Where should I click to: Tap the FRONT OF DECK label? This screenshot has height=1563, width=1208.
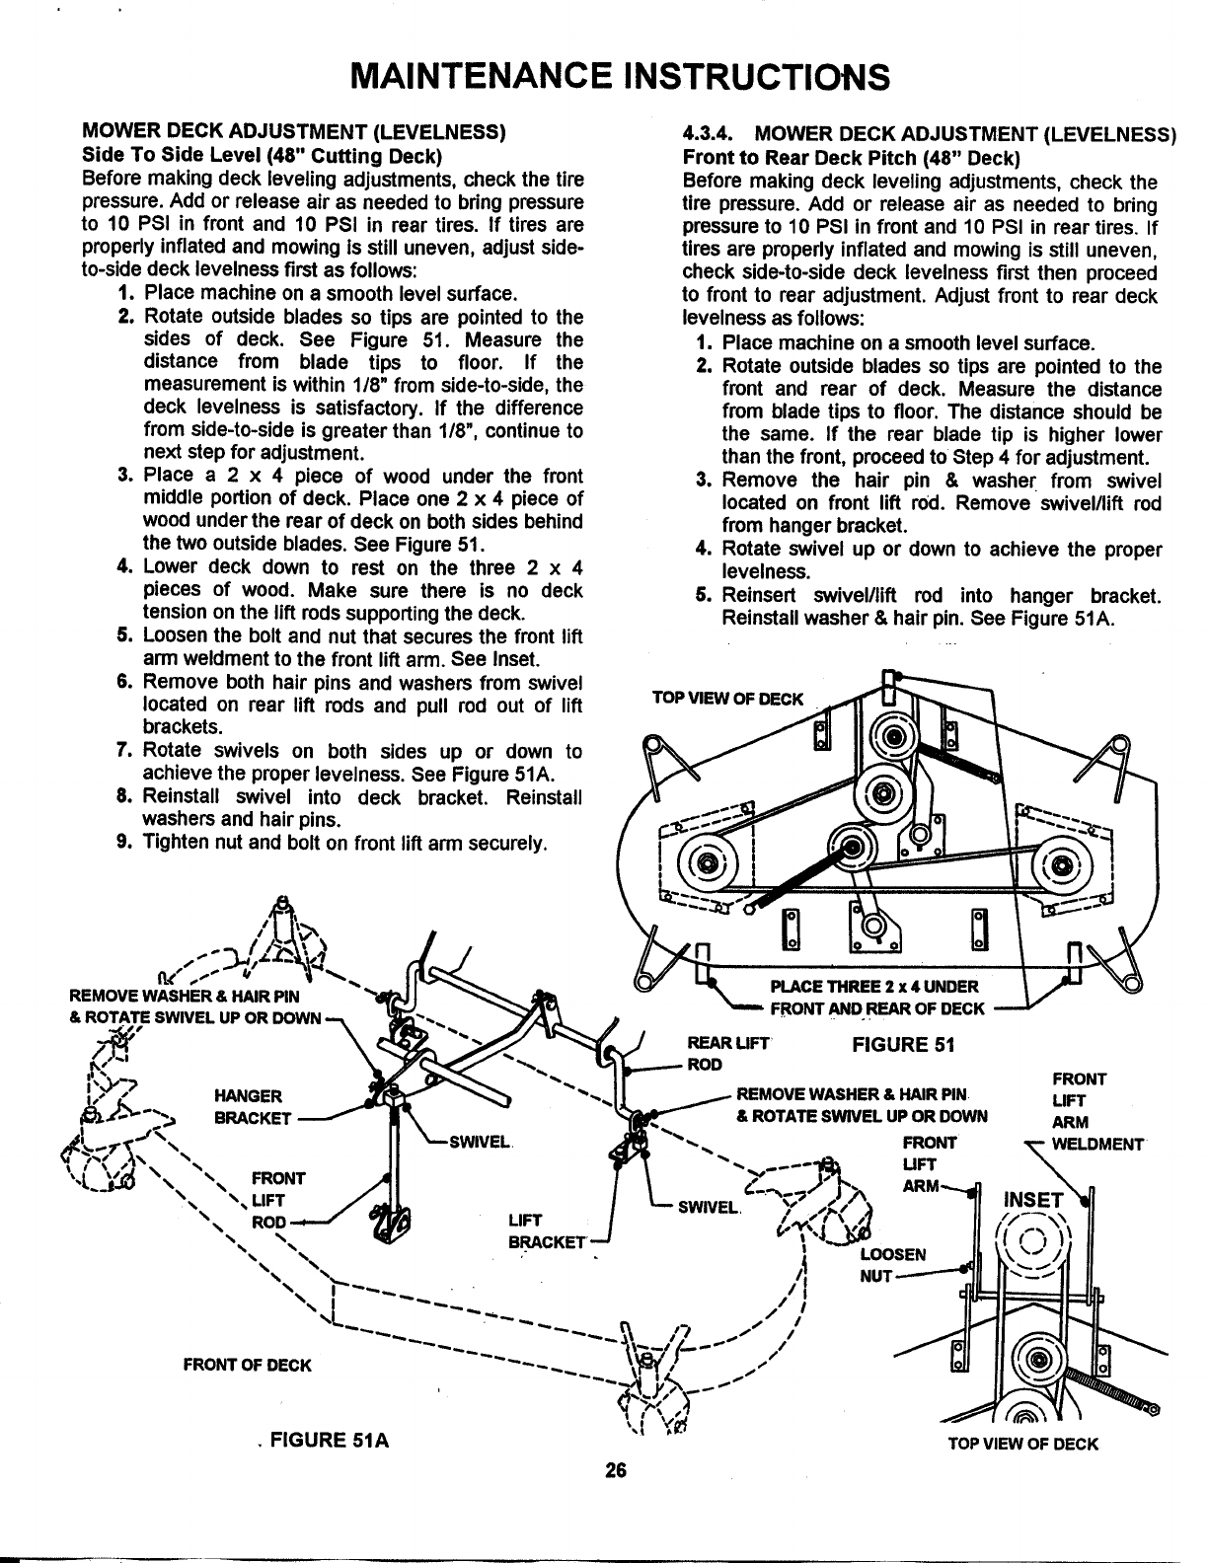(247, 1366)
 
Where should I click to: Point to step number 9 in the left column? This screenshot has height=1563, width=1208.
(123, 843)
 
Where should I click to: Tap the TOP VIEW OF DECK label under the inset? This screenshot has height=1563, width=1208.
(1022, 1445)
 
